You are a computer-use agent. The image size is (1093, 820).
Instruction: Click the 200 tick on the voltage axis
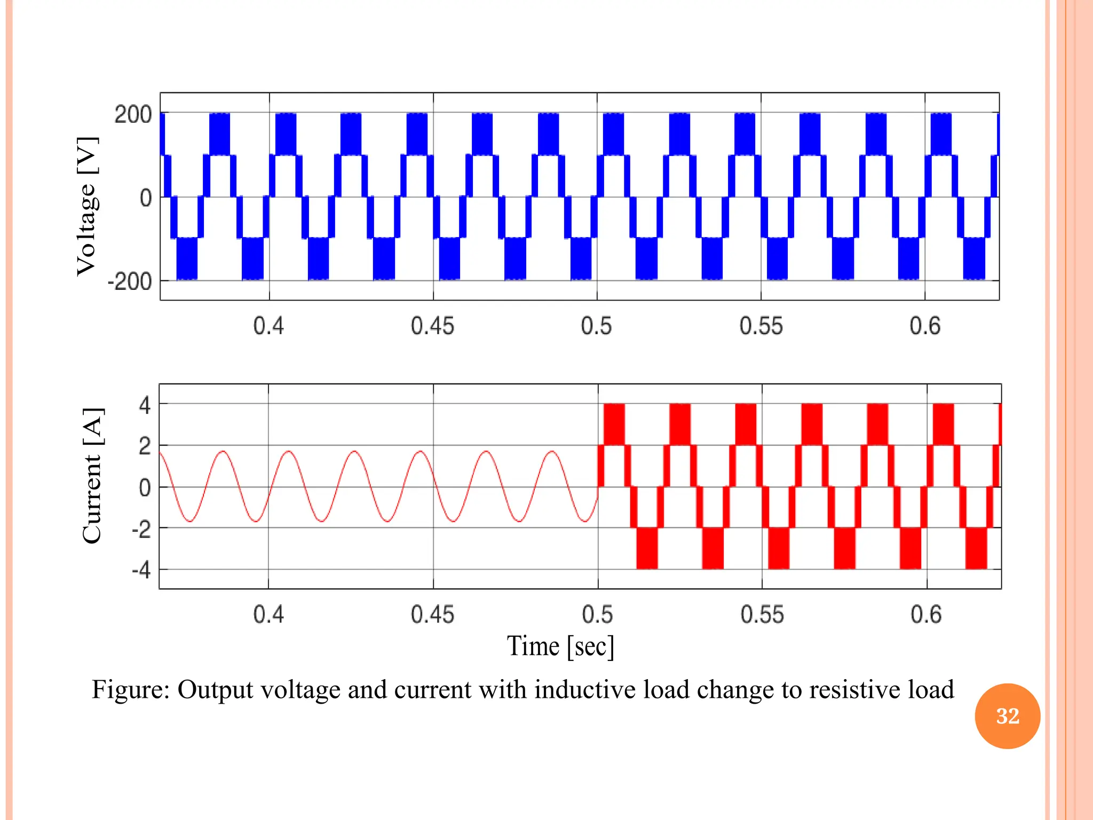[x=133, y=115]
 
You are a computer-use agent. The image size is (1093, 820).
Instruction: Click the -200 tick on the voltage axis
[x=130, y=281]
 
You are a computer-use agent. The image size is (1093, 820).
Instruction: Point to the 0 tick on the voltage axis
[x=145, y=198]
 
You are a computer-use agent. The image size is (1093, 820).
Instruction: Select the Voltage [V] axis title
[x=87, y=206]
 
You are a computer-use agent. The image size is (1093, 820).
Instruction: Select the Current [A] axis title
[x=92, y=476]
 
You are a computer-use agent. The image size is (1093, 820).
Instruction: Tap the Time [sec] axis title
[x=560, y=646]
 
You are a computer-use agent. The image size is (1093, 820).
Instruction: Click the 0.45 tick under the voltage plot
[x=432, y=326]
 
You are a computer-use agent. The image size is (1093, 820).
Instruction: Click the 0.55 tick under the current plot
[x=762, y=614]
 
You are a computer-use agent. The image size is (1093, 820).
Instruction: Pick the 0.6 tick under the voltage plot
[x=925, y=326]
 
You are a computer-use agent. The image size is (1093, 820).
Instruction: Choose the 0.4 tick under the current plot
[x=268, y=614]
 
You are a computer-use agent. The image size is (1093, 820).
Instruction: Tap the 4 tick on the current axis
[x=145, y=405]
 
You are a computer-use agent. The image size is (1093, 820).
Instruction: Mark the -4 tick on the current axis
[x=141, y=570]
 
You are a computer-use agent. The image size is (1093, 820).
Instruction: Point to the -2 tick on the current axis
[x=141, y=529]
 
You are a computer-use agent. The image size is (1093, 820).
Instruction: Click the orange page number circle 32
[x=1007, y=716]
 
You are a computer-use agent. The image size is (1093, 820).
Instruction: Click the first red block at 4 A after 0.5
[x=614, y=424]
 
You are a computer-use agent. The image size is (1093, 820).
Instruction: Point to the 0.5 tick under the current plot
[x=597, y=614]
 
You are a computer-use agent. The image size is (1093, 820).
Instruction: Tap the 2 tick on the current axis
[x=145, y=446]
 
